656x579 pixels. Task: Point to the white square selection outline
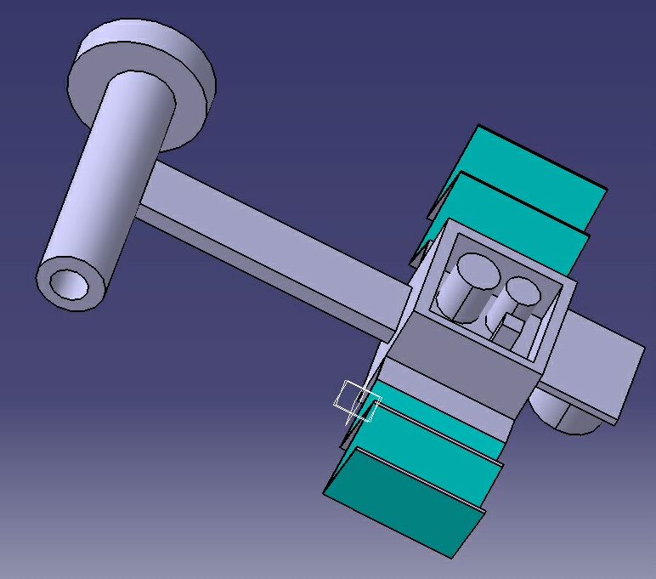357,401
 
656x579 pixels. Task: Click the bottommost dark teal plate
404,502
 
